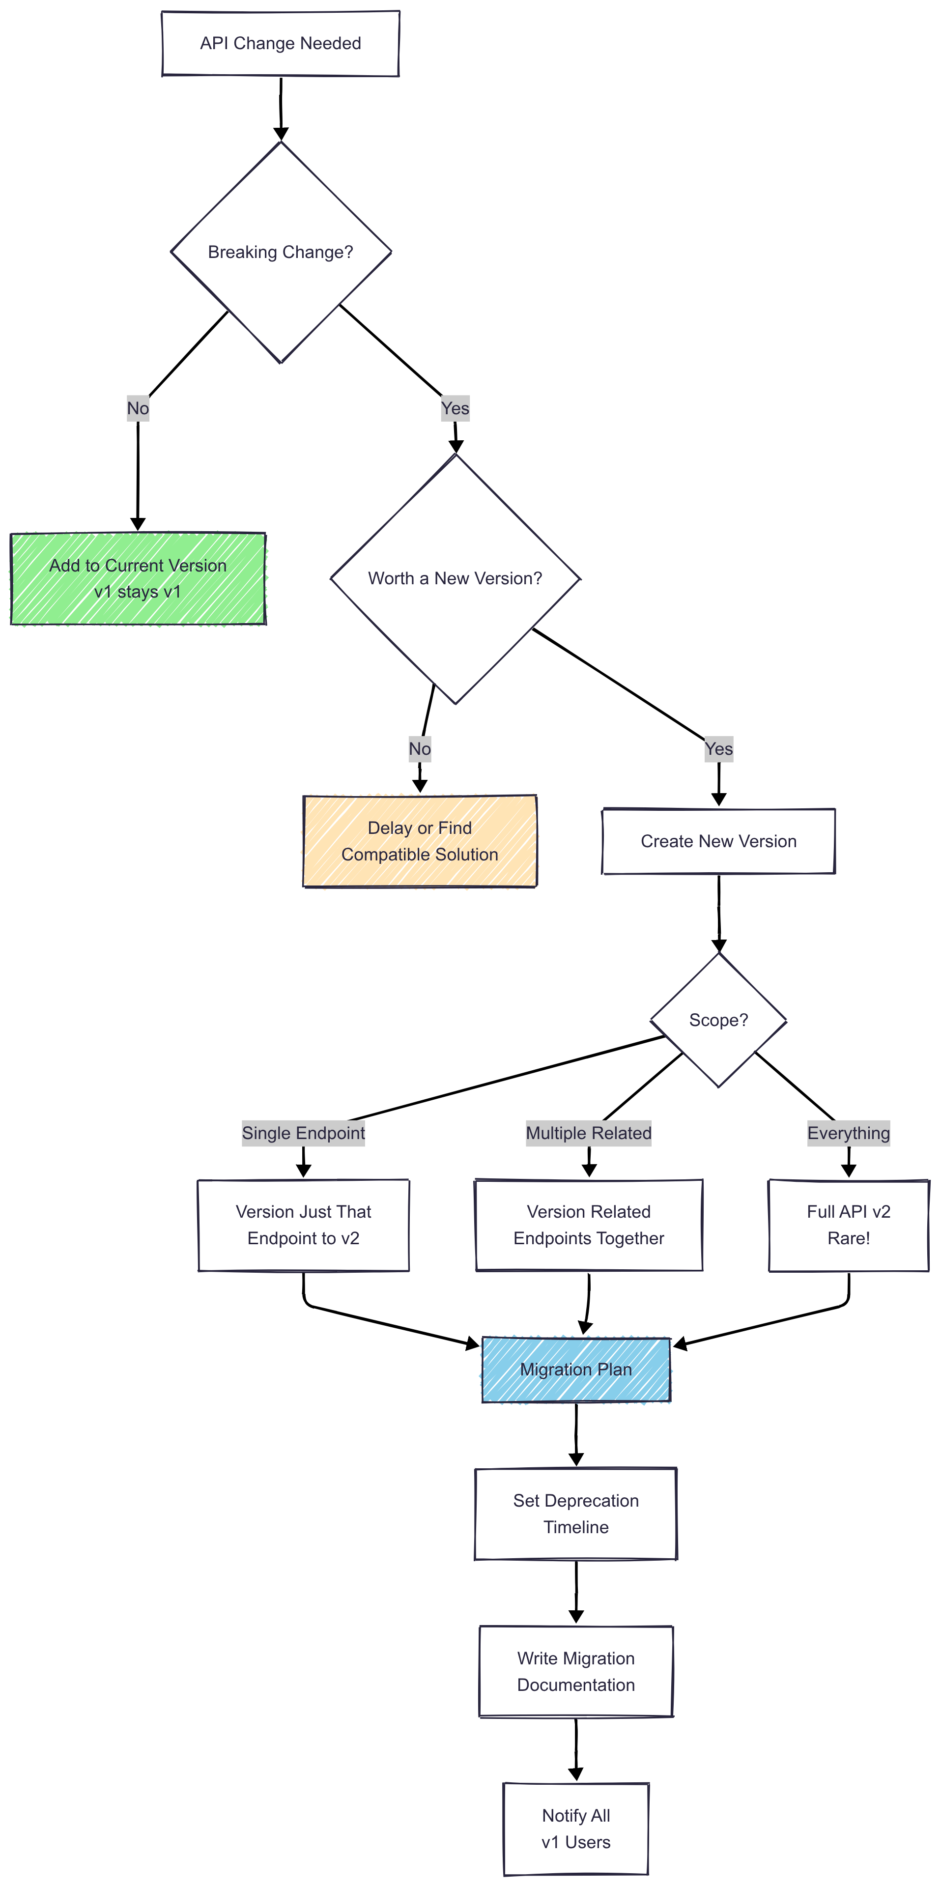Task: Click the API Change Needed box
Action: coord(280,43)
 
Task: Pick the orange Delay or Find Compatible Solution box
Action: coord(419,841)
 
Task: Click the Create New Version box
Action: coord(718,841)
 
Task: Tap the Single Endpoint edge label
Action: coord(303,1133)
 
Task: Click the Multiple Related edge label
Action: coord(588,1133)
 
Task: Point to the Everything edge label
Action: coord(848,1133)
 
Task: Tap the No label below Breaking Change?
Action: coord(138,408)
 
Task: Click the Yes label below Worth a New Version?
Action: coord(718,748)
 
